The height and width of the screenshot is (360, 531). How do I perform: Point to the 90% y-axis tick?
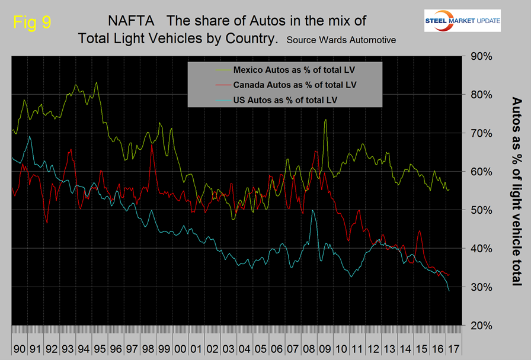481,56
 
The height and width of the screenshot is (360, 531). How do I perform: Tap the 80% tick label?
481,95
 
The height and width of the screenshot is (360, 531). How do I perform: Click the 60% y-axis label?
481,172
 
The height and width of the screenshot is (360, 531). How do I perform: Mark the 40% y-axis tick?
481,249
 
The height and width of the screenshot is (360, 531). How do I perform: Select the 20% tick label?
481,326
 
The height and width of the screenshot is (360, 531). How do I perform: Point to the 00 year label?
178,343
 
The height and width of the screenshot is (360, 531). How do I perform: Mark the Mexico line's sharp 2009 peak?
325,120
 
